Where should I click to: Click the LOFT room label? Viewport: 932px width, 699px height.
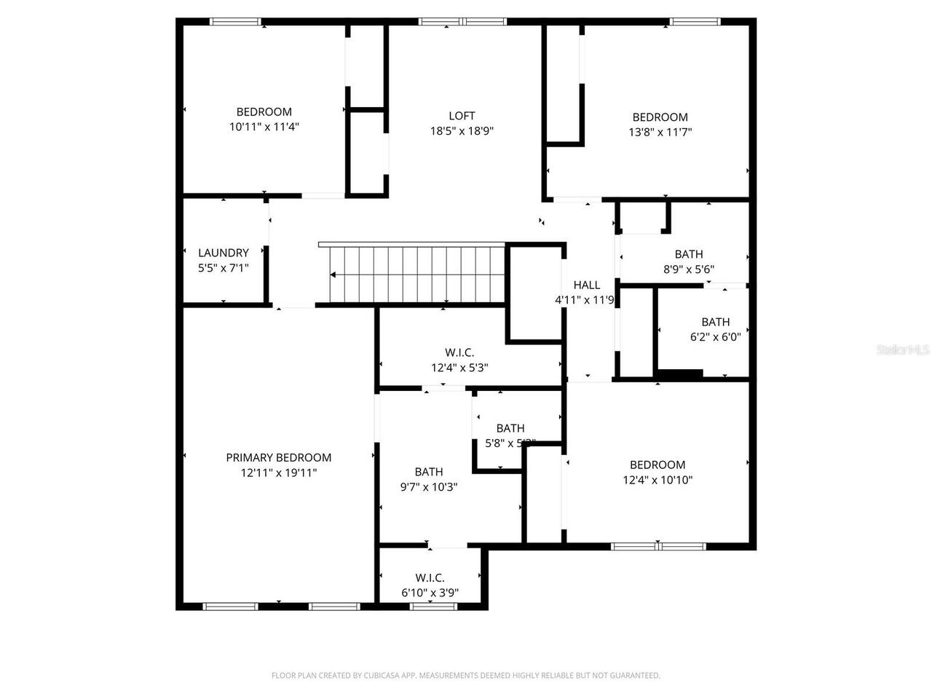point(462,116)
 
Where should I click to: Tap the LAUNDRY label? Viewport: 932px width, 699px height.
point(224,253)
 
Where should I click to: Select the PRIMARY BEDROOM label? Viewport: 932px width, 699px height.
point(278,457)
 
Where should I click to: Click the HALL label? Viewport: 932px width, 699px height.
point(586,285)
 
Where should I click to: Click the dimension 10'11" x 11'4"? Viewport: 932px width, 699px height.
point(264,127)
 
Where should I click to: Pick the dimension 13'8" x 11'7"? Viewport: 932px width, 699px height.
point(660,132)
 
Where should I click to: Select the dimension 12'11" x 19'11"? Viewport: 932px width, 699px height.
point(278,473)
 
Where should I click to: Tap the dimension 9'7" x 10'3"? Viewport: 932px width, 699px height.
point(429,487)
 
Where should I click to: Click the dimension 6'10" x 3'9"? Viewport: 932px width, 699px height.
point(430,593)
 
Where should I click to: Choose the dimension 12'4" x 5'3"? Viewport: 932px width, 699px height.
point(459,368)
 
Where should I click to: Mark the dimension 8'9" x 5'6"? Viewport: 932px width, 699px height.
point(688,269)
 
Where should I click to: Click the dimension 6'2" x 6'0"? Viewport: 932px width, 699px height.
point(715,337)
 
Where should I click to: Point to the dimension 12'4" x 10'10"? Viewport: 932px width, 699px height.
point(657,480)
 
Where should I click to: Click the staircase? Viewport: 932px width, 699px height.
point(415,275)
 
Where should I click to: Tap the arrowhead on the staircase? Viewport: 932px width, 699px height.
point(333,275)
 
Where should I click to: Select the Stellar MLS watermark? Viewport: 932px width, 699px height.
point(903,350)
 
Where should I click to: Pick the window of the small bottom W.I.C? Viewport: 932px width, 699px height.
point(434,606)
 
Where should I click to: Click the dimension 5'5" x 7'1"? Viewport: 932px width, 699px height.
point(224,268)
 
